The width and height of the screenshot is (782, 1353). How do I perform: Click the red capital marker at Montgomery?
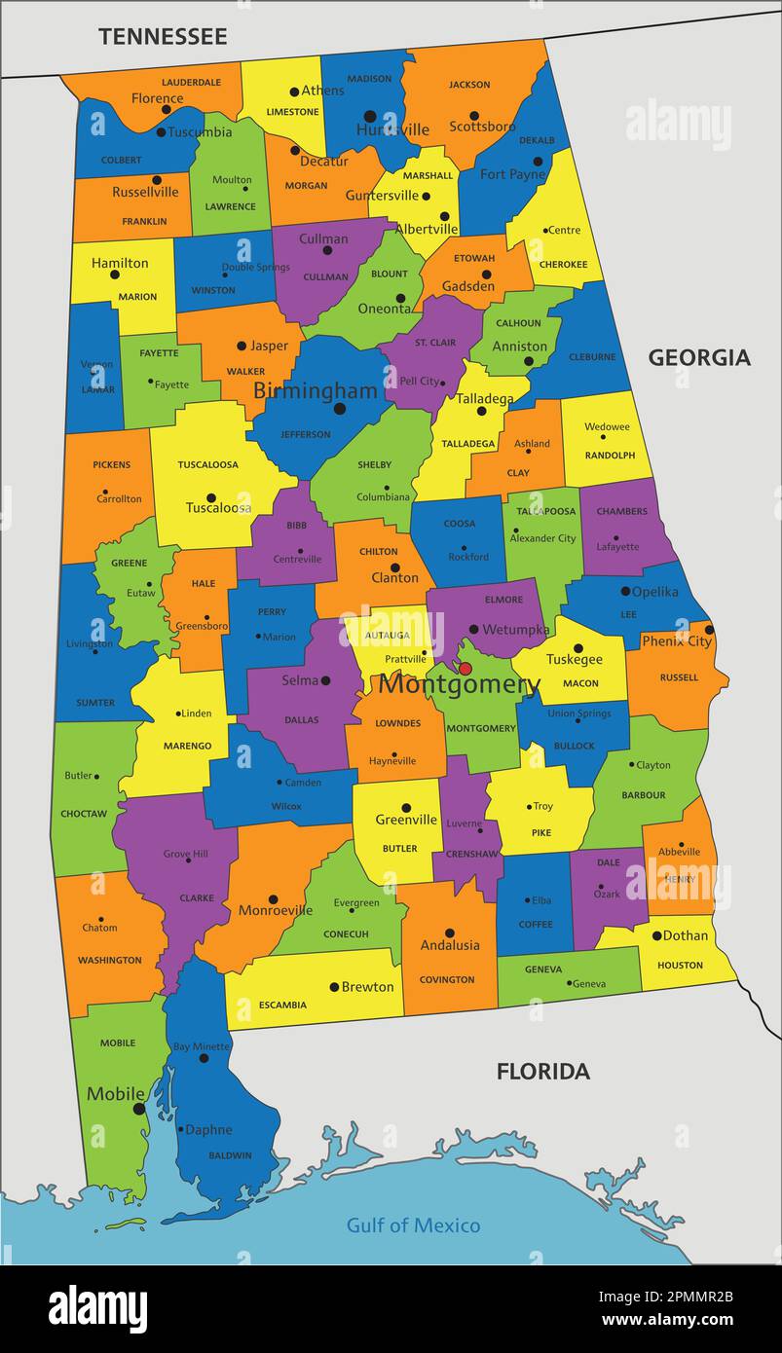point(465,669)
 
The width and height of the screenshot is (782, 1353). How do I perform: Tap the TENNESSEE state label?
point(163,37)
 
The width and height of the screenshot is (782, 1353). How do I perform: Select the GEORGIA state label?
point(699,357)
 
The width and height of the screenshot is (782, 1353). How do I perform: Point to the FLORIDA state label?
point(542,1072)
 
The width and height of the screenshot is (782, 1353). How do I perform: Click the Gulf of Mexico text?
point(413,1225)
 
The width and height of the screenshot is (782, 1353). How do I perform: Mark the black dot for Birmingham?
point(339,409)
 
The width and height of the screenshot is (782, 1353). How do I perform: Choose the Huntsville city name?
point(392,129)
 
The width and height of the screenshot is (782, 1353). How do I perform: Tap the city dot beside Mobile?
point(139,1108)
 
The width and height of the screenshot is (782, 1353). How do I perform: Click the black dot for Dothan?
point(656,935)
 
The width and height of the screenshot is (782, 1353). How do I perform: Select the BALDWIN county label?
point(230,1155)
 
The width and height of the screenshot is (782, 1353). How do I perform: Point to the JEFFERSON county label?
point(306,434)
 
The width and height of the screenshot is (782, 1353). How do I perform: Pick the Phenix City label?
point(676,640)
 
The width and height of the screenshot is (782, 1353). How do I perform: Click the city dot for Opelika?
point(625,591)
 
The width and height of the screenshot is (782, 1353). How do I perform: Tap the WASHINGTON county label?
point(110,960)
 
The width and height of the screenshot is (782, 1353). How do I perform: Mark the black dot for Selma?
point(325,680)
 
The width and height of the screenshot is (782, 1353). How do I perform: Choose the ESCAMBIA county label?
point(282,1005)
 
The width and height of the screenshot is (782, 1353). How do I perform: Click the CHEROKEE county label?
point(563,264)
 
